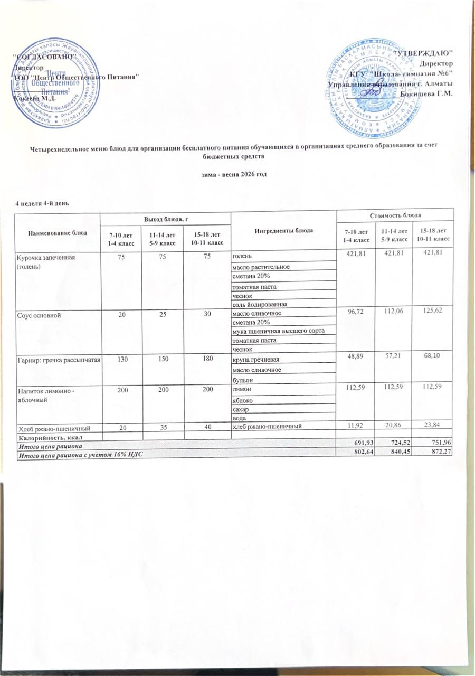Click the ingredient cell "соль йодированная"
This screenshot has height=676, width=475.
(x=260, y=306)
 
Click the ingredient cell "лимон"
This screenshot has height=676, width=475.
(x=242, y=390)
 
